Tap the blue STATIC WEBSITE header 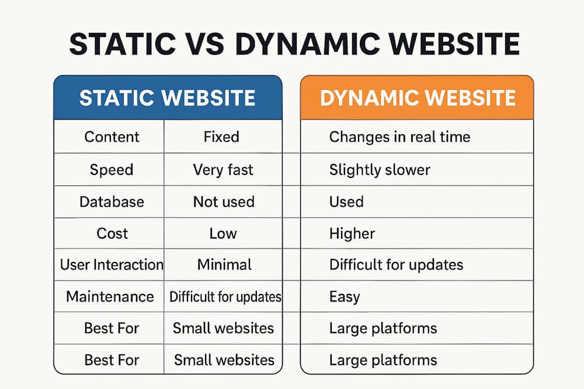tap(168, 97)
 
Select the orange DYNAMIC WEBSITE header tap(418, 97)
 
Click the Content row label tap(112, 137)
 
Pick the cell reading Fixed tap(221, 137)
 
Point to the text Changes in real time tap(399, 137)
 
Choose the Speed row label tap(112, 170)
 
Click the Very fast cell tap(223, 170)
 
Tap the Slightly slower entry tap(380, 170)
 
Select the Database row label tap(112, 202)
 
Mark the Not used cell tap(224, 202)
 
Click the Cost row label tap(112, 233)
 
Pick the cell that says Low tap(223, 233)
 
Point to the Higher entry tap(352, 233)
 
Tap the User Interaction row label tap(112, 265)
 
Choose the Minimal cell tap(224, 265)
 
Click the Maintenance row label tap(110, 296)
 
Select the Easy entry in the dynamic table tap(345, 296)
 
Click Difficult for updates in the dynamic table tap(396, 265)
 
